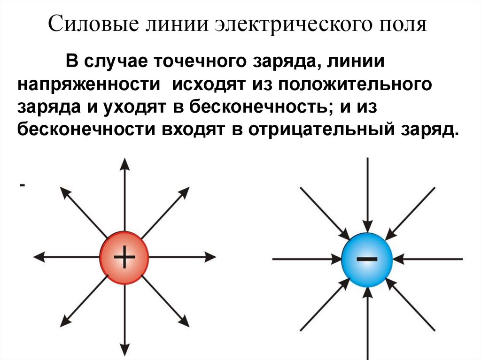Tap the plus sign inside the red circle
(x=124, y=258)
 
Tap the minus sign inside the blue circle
(x=367, y=259)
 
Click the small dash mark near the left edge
(x=22, y=186)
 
